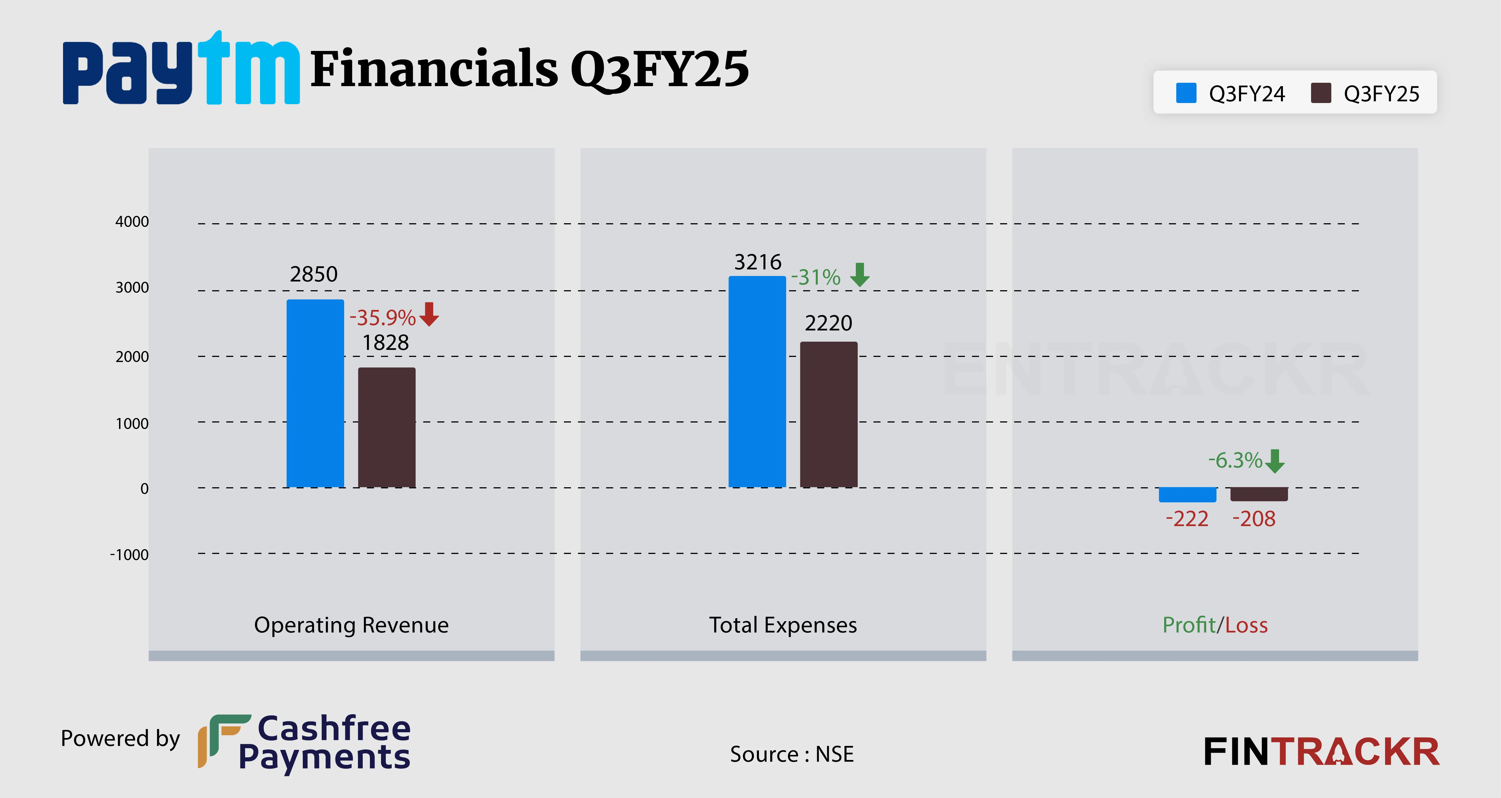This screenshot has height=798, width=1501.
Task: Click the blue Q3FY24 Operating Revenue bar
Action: pos(315,394)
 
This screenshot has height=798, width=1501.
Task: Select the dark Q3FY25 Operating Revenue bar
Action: pos(386,427)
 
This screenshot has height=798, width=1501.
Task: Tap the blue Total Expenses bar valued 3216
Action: pos(757,382)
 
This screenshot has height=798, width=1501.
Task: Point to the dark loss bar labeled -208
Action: pos(1259,494)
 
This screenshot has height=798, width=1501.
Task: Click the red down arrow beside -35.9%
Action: pos(429,314)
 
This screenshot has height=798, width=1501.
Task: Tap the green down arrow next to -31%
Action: pos(859,274)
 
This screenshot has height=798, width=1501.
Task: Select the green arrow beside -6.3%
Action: pos(1275,461)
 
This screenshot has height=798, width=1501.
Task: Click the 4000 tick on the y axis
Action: pos(132,222)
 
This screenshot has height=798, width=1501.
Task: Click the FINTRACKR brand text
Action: pos(1321,752)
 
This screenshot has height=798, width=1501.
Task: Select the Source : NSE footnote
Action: pos(791,754)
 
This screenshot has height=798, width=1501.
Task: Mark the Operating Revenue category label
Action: pos(351,625)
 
